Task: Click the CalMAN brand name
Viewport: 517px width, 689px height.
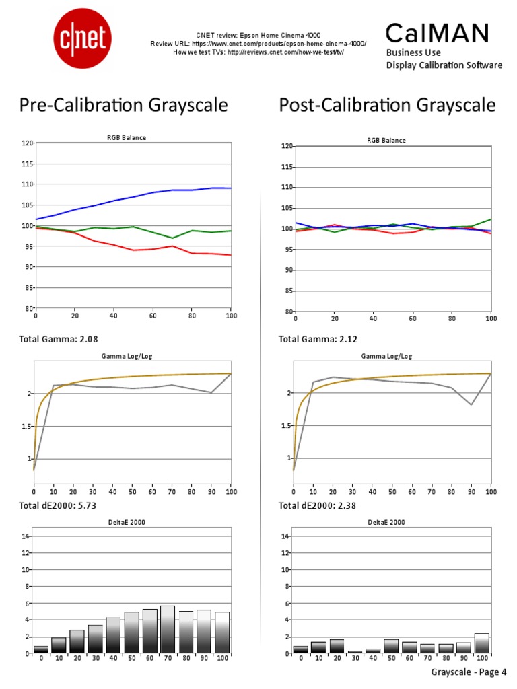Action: pyautogui.click(x=437, y=32)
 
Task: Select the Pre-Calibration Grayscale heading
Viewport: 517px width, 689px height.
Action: pyautogui.click(x=123, y=105)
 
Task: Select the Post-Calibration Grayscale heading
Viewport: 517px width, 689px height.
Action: pyautogui.click(x=387, y=105)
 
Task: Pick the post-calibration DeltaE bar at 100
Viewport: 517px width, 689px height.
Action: pyautogui.click(x=482, y=644)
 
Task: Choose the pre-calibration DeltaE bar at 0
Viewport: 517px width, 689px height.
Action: pyautogui.click(x=41, y=650)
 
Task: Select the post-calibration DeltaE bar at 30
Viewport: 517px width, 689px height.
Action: pyautogui.click(x=355, y=652)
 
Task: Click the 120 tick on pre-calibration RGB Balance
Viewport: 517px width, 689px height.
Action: pyautogui.click(x=28, y=143)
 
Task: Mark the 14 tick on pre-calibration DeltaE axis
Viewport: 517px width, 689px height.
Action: pyautogui.click(x=26, y=536)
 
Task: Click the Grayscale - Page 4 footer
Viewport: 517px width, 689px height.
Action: pyautogui.click(x=468, y=672)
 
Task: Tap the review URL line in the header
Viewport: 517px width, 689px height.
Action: pyautogui.click(x=258, y=43)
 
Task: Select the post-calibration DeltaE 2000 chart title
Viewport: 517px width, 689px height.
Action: pyautogui.click(x=386, y=522)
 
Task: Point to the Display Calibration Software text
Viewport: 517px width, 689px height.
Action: pyautogui.click(x=444, y=65)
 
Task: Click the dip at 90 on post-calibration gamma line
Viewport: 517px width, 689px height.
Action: pyautogui.click(x=471, y=404)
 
